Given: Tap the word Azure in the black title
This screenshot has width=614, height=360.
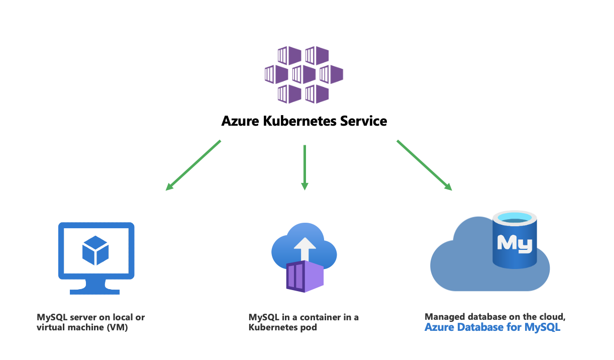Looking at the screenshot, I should (238, 122).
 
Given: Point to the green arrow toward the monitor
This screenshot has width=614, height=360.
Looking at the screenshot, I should (193, 165).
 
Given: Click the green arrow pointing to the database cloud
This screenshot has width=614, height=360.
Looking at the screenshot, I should (424, 165).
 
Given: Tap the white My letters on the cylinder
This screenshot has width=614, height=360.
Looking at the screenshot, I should (515, 243).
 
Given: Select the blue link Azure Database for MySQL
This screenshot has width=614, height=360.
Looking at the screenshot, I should (492, 328).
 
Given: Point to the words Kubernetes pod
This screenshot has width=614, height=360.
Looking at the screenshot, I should (283, 328).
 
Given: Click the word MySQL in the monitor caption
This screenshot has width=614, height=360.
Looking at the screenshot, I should (51, 317).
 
